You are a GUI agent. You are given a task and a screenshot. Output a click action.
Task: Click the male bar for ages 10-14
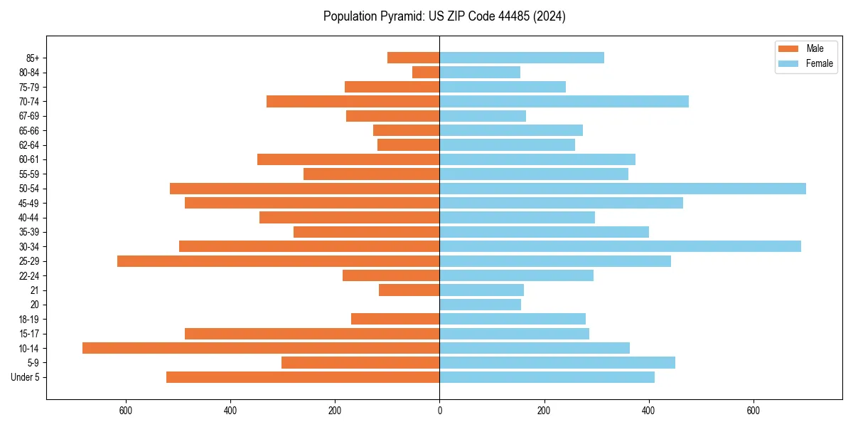[x=261, y=348]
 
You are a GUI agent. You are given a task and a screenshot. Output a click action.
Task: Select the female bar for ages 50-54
[x=623, y=189]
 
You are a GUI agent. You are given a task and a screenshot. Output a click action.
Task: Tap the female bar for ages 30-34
[x=620, y=246]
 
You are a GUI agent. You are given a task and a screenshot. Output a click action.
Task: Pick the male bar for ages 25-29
[x=278, y=261]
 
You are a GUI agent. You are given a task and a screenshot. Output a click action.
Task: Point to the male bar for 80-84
[x=426, y=73]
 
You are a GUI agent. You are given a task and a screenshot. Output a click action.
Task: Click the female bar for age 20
[x=480, y=305]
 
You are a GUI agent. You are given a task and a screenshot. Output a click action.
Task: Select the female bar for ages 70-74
[x=564, y=102]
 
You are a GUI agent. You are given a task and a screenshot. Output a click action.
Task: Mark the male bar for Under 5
[x=303, y=377]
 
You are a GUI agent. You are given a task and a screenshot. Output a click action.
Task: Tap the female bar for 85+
[x=522, y=58]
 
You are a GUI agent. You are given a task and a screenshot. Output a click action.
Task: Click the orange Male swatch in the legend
[x=788, y=48]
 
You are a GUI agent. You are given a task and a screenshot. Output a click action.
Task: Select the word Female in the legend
[x=819, y=63]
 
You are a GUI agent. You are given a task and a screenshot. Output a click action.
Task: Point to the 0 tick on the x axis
[x=439, y=411]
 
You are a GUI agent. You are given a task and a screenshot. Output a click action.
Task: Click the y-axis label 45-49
[x=29, y=203]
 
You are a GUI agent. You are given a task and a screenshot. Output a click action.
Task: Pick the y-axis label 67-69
[x=29, y=116]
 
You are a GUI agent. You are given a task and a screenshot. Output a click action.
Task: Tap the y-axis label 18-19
[x=29, y=320]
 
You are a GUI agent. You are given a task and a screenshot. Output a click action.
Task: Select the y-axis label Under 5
[x=26, y=377]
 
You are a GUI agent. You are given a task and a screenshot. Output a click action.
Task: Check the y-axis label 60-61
[x=29, y=159]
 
